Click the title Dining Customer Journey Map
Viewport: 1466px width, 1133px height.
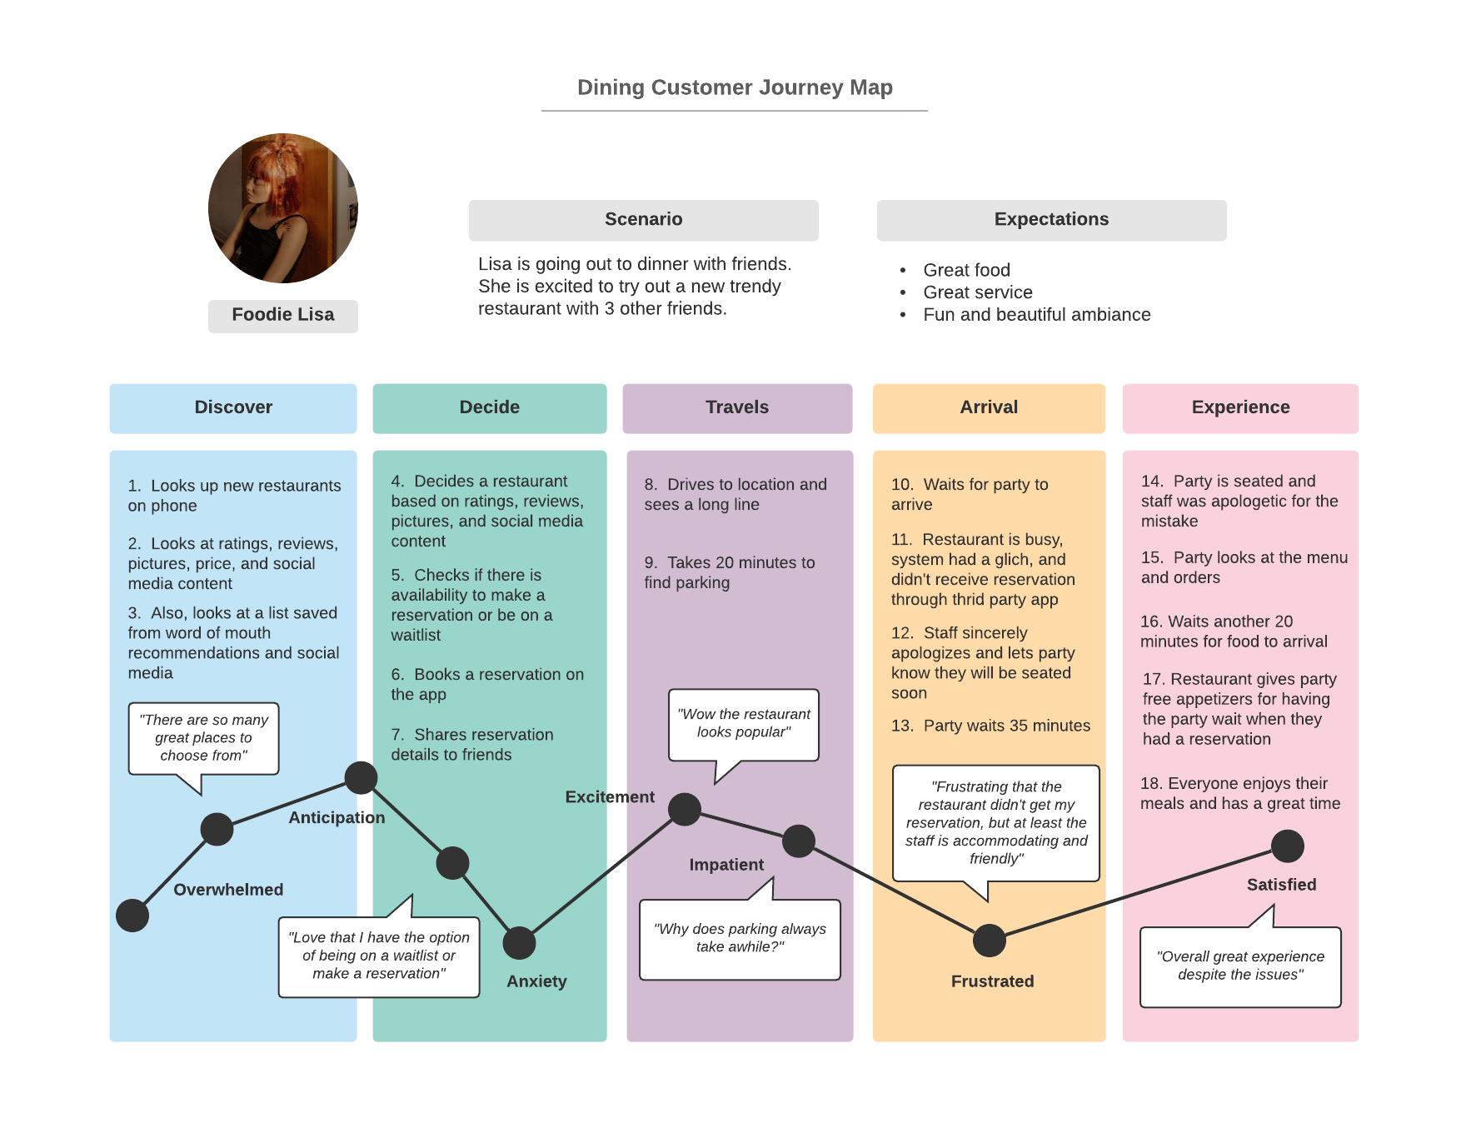click(735, 87)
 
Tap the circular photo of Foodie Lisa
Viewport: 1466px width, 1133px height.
click(283, 208)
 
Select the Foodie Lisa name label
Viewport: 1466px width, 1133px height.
click(283, 316)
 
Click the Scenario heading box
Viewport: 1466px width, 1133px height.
click(644, 220)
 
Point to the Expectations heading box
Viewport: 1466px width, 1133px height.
click(1052, 220)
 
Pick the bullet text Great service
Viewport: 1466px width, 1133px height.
click(978, 292)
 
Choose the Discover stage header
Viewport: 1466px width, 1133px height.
click(233, 408)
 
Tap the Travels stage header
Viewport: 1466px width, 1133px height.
click(737, 408)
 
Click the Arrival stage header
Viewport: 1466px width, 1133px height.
click(989, 408)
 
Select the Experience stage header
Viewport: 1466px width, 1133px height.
click(1240, 408)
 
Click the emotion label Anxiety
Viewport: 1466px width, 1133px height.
click(536, 981)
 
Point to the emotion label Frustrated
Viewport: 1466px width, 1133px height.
click(992, 981)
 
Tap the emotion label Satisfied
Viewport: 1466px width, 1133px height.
click(1281, 885)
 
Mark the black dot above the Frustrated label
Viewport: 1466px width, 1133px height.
click(990, 941)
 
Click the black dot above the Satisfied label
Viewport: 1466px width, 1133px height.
click(1288, 846)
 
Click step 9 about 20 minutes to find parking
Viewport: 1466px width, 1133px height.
click(730, 572)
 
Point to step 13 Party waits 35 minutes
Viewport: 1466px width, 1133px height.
click(990, 726)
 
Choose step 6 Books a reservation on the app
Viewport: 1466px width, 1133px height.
click(487, 684)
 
